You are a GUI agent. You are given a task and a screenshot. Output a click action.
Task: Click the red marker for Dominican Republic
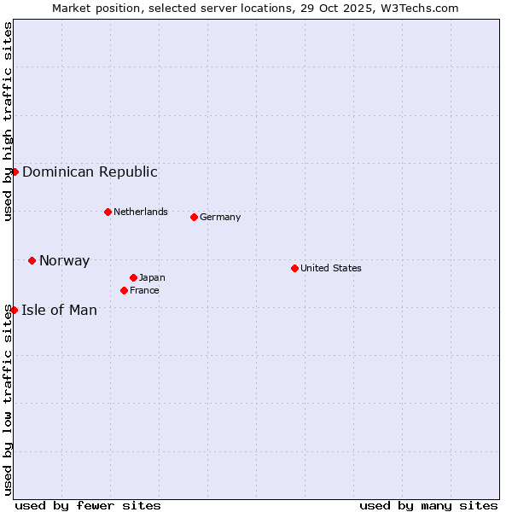pos(15,172)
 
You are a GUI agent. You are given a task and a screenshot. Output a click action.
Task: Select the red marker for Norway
pos(32,260)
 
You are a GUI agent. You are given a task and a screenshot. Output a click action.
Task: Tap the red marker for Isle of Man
pos(14,310)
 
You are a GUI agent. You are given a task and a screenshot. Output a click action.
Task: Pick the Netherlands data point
pos(108,212)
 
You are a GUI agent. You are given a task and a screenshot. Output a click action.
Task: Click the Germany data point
pos(194,217)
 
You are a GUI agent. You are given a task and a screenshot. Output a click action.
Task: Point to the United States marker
pos(294,268)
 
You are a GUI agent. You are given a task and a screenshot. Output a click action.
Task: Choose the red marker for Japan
pos(133,277)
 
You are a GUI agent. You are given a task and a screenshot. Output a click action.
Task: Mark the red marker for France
pos(124,290)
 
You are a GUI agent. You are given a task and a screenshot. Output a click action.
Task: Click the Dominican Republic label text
pos(90,172)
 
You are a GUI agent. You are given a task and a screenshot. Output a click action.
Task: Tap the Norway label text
pos(64,261)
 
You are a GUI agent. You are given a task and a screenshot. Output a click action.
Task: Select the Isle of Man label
pos(59,310)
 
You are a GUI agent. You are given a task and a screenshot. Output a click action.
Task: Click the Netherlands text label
pos(141,212)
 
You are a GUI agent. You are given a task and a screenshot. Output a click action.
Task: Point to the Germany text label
pos(220,217)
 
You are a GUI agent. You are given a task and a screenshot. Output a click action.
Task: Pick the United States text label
pos(331,268)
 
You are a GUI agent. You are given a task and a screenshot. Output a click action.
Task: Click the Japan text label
pos(152,277)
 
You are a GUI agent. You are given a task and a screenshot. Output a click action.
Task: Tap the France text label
pos(144,290)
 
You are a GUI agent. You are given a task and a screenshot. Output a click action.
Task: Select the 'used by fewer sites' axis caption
pos(88,505)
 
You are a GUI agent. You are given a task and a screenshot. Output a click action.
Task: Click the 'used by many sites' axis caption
pos(428,505)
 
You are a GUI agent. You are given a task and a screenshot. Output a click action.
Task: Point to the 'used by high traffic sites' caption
pos(8,121)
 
